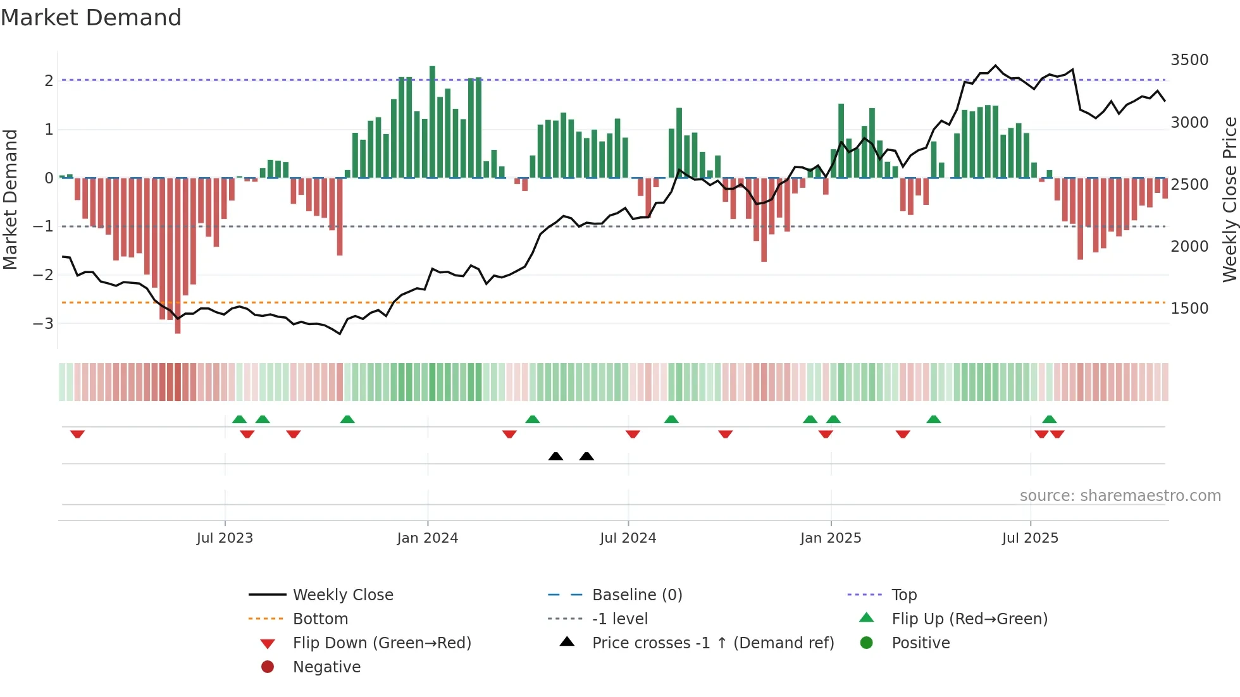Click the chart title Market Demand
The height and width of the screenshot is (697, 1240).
[x=91, y=18]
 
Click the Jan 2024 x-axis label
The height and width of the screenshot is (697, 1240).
[x=427, y=538]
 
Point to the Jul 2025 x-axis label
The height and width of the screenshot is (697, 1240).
[x=1030, y=538]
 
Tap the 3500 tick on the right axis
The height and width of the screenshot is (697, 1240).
[x=1189, y=60]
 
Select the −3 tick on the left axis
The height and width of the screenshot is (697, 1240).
[x=44, y=324]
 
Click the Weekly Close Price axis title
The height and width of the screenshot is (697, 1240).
[x=1229, y=199]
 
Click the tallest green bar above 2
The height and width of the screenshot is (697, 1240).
[x=432, y=120]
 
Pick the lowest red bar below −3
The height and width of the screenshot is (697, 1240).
[x=178, y=256]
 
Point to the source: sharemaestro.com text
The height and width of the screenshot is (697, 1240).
[x=1120, y=496]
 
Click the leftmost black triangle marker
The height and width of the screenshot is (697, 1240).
[x=555, y=457]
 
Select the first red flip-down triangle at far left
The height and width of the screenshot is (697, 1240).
[x=77, y=434]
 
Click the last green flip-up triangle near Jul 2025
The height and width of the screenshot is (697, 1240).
[x=1050, y=419]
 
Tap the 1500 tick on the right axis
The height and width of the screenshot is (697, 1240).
[x=1189, y=309]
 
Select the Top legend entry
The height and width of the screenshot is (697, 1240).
[x=904, y=595]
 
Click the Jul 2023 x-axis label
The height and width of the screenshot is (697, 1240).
[x=225, y=538]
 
